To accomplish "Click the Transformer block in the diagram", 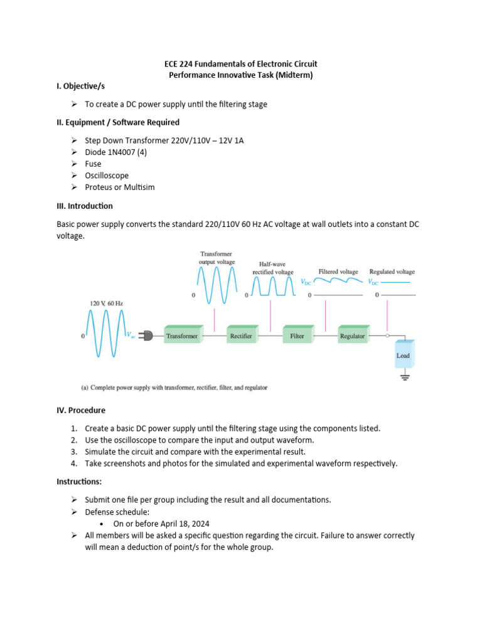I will pyautogui.click(x=182, y=335).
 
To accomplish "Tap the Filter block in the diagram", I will pyautogui.click(x=297, y=335).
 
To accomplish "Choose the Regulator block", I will pyautogui.click(x=352, y=335).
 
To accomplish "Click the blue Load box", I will pyautogui.click(x=403, y=355).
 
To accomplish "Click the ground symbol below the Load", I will pyautogui.click(x=404, y=377).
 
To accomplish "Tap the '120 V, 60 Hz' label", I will pyautogui.click(x=107, y=303).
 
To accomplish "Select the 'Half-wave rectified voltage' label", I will pyautogui.click(x=273, y=268).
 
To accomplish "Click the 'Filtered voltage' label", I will pyautogui.click(x=338, y=271).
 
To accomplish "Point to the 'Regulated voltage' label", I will pyautogui.click(x=392, y=271).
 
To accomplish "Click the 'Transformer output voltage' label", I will pyautogui.click(x=217, y=258).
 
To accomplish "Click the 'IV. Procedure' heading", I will pyautogui.click(x=81, y=410).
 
